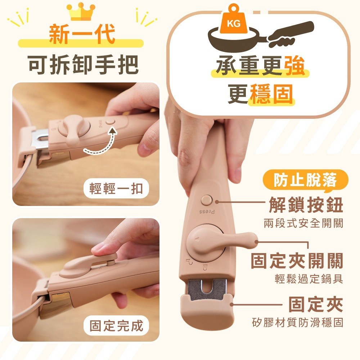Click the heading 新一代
(x=82, y=34)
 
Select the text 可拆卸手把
(x=83, y=64)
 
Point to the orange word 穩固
(x=271, y=94)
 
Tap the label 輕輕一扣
(x=116, y=189)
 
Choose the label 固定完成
(x=116, y=325)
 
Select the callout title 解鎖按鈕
(x=306, y=205)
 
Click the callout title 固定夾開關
(x=297, y=261)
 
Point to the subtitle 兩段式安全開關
(x=303, y=223)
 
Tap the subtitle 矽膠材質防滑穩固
(x=298, y=322)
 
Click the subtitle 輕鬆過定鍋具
(x=309, y=279)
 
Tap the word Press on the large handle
(x=207, y=212)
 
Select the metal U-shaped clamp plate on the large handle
(x=207, y=290)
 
